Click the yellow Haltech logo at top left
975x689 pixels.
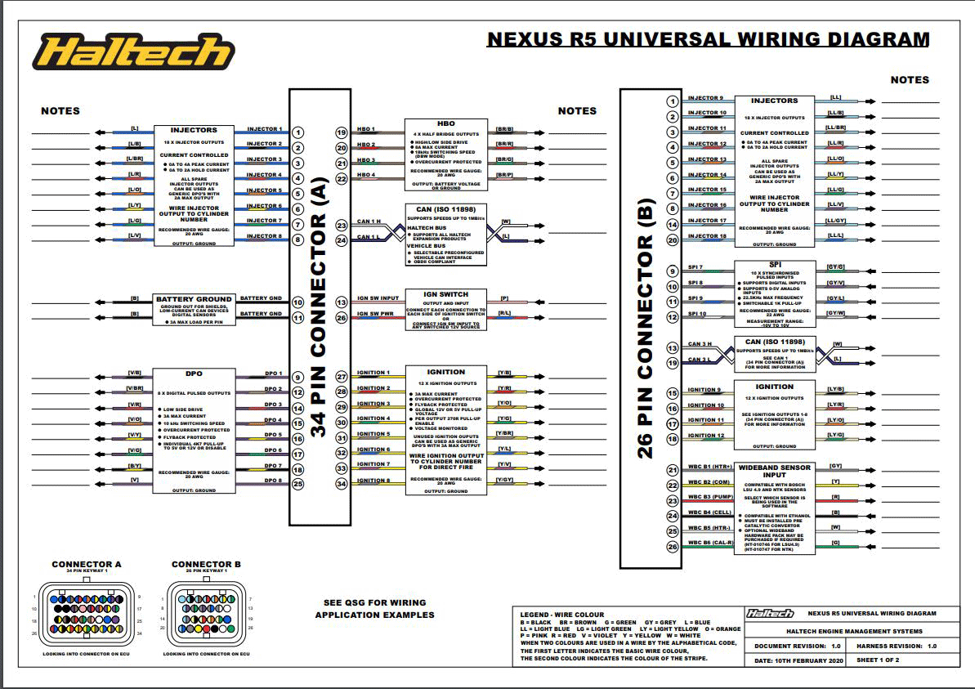point(132,52)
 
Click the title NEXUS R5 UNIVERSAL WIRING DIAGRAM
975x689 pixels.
point(708,39)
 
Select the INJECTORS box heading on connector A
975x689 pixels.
point(194,130)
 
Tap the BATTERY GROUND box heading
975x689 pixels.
point(195,299)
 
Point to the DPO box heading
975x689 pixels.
point(195,373)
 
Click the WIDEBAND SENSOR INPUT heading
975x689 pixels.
point(774,472)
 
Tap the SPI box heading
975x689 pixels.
point(774,265)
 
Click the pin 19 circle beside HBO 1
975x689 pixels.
point(342,132)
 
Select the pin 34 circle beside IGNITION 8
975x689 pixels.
point(342,483)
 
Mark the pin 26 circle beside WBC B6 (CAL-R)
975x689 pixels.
point(673,547)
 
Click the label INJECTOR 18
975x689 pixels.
point(707,236)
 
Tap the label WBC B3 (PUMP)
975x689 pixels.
point(709,497)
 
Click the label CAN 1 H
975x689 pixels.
point(369,222)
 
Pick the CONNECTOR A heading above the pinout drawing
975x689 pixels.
point(87,564)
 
